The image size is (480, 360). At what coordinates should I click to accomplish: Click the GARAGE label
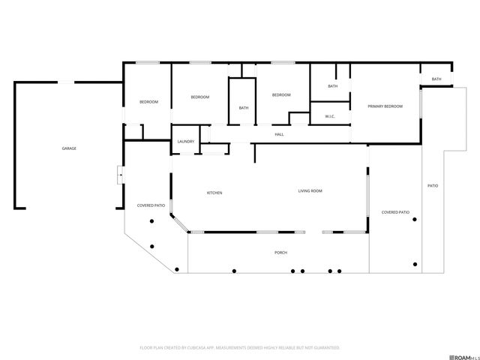coord(69,148)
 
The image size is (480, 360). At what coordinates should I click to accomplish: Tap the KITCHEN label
coord(214,193)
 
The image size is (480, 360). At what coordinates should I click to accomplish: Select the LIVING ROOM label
coord(310,191)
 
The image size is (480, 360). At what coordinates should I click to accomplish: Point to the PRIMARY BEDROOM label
coord(385,106)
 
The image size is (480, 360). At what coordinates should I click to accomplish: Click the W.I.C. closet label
coord(329,117)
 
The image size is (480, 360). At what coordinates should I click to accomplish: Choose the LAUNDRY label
coord(186,142)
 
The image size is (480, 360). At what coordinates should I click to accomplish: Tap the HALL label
coord(279,134)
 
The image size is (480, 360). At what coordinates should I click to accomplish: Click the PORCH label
coord(280,253)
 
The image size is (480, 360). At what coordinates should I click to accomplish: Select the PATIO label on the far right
coord(433,185)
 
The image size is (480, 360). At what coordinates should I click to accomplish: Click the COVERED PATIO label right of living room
coord(395,212)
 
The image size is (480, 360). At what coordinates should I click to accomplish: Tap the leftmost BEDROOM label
coord(148,102)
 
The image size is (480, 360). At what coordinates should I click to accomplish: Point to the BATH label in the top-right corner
coord(436,79)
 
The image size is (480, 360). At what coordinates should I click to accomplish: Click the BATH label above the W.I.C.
coord(332,86)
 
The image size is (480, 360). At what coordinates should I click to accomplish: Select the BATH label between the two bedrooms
coord(244,108)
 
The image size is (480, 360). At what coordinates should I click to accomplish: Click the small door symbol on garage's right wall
coord(120,175)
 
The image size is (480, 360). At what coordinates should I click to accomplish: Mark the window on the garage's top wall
coord(67,82)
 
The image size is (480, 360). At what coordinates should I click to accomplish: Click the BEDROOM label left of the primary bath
coord(281,94)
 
